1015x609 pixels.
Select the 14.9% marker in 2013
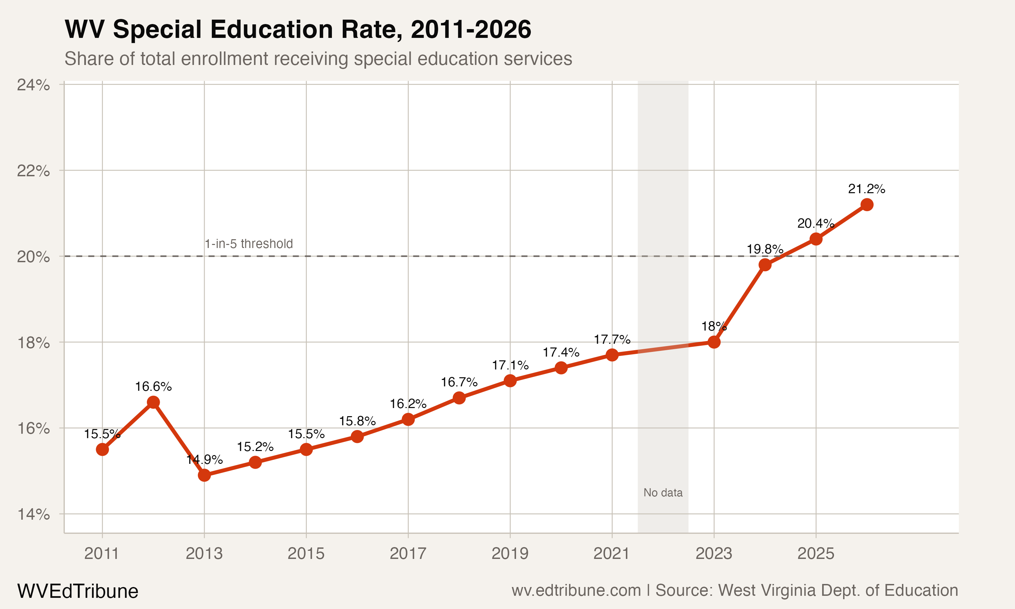pyautogui.click(x=204, y=475)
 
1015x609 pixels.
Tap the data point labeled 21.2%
pyautogui.click(x=867, y=204)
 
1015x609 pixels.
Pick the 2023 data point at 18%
pyautogui.click(x=714, y=342)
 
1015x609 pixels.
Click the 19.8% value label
pyautogui.click(x=765, y=249)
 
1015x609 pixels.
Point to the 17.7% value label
pyautogui.click(x=612, y=339)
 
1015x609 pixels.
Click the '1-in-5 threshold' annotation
pyautogui.click(x=249, y=244)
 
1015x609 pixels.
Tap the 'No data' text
pyautogui.click(x=663, y=493)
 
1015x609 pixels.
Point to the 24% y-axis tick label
pyautogui.click(x=33, y=85)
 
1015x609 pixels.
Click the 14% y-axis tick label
pyautogui.click(x=33, y=514)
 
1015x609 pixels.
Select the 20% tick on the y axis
pyautogui.click(x=33, y=257)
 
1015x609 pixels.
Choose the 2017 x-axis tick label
pyautogui.click(x=408, y=554)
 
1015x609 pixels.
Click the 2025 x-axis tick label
pyautogui.click(x=816, y=554)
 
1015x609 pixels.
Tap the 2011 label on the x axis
pyautogui.click(x=102, y=554)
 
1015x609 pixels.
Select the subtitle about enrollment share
pyautogui.click(x=318, y=59)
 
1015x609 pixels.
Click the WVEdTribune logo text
pyautogui.click(x=77, y=591)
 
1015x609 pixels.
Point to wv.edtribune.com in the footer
pyautogui.click(x=576, y=590)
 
